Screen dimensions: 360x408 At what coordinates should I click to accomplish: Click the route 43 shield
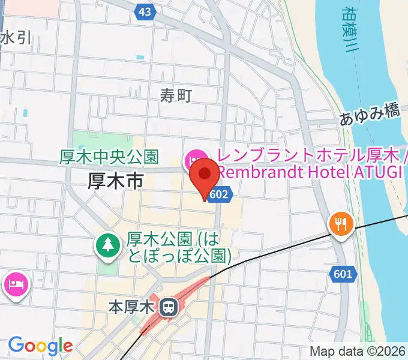coord(143,12)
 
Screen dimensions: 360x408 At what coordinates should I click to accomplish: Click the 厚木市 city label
coord(115,179)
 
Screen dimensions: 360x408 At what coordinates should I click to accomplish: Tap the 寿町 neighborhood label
coord(176,95)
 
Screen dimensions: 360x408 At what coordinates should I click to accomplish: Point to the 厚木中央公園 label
coord(109,157)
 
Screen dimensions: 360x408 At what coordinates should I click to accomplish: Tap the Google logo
coord(40,346)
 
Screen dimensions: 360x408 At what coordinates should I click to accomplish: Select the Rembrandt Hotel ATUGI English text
coord(310,172)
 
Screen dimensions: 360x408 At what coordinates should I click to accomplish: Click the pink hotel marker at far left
coord(16,282)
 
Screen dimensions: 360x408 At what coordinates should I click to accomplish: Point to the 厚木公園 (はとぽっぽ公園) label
coord(179,247)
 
